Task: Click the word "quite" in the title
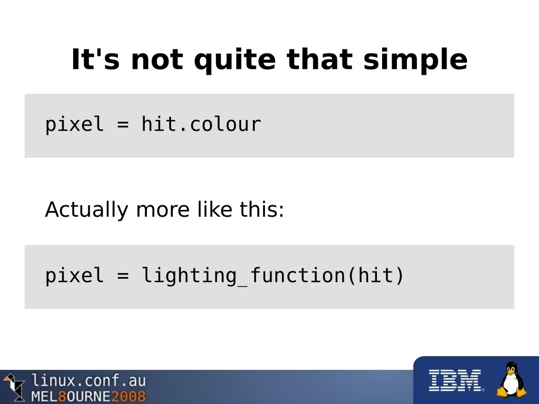[x=235, y=60]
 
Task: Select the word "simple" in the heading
[x=415, y=60]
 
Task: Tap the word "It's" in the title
[x=96, y=59]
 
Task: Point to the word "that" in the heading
[x=320, y=59]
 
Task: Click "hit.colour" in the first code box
[x=202, y=124]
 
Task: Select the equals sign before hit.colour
[x=123, y=124]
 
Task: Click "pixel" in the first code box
[x=74, y=124]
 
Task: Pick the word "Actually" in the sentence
[x=86, y=209]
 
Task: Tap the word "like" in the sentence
[x=215, y=209]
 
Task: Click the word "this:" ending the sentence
[x=262, y=209]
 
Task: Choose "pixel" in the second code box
[x=74, y=276]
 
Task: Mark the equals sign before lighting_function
[x=123, y=276]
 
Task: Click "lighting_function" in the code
[x=243, y=276]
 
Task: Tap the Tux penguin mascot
[x=512, y=379]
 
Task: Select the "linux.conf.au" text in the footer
[x=89, y=381]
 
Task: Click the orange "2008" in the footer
[x=128, y=396]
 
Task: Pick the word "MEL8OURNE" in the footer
[x=71, y=396]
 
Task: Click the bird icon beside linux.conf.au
[x=14, y=387]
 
